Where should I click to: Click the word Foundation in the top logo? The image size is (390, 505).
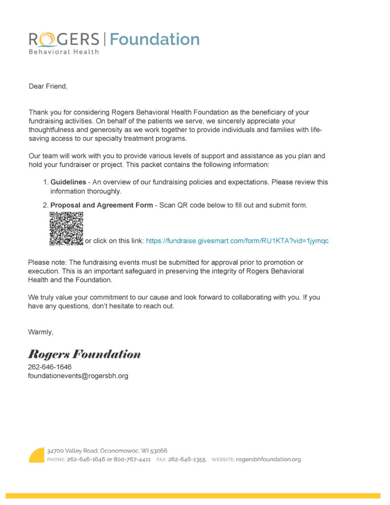click(154, 39)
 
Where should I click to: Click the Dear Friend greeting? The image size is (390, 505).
click(47, 86)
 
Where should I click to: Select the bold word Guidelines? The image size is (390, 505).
click(68, 182)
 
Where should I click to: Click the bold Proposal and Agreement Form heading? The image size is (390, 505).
click(102, 205)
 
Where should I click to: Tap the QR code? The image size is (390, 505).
click(66, 228)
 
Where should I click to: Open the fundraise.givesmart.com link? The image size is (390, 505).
click(237, 241)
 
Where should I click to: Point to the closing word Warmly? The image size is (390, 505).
click(40, 332)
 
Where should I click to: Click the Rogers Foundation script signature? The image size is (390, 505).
click(84, 354)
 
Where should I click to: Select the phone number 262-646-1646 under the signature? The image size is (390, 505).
click(49, 367)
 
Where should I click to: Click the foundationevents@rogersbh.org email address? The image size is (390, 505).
click(78, 376)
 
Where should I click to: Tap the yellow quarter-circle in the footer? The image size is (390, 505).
click(37, 455)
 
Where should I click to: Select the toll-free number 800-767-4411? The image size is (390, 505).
click(132, 460)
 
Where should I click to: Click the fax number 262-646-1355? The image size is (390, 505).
click(187, 460)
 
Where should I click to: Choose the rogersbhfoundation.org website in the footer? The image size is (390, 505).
click(268, 460)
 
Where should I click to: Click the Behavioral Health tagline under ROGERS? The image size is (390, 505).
click(64, 52)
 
